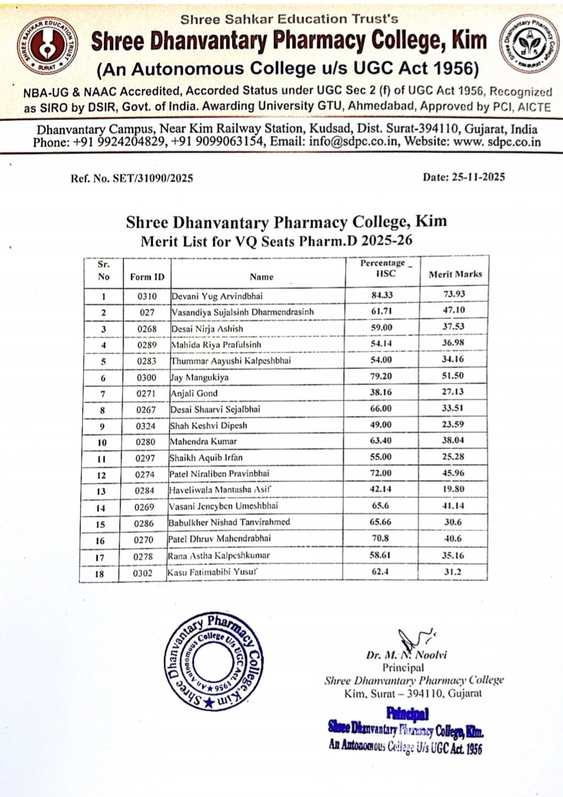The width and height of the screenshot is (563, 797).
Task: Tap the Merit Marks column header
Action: coord(455,274)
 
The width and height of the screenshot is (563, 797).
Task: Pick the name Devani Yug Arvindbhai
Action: coord(217,296)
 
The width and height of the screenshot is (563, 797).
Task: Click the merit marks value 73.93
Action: coord(454,294)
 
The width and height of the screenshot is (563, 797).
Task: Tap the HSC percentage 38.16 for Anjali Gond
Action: coord(381,392)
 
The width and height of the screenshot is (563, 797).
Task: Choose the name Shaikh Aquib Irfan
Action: coord(206,458)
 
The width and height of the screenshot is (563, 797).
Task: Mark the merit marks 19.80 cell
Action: coord(453,489)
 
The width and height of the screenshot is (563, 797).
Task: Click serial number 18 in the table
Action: coord(99,574)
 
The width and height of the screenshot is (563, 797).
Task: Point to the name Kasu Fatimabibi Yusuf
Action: coord(212,573)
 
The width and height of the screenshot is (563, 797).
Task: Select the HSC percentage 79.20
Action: coord(381,376)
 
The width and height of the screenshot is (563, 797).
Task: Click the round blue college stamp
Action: coord(214,661)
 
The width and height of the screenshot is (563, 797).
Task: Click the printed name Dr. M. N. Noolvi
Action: coord(406,655)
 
